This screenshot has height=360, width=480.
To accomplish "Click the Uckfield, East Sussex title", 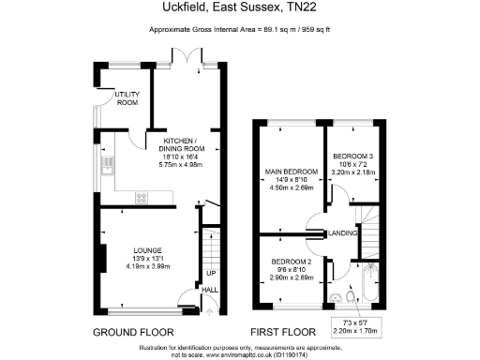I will click(x=239, y=8).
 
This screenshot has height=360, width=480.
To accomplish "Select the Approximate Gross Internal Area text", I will click(x=239, y=30).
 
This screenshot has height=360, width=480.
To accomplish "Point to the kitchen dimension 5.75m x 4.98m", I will click(x=180, y=164).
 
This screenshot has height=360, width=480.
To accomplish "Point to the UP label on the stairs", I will click(x=211, y=274).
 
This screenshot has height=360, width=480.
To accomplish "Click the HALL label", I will click(x=211, y=291).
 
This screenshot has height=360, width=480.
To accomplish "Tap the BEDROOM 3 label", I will click(x=353, y=157).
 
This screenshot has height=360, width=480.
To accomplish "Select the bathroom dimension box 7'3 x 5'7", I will click(x=353, y=326).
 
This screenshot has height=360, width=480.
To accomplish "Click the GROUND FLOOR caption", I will click(x=132, y=333).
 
